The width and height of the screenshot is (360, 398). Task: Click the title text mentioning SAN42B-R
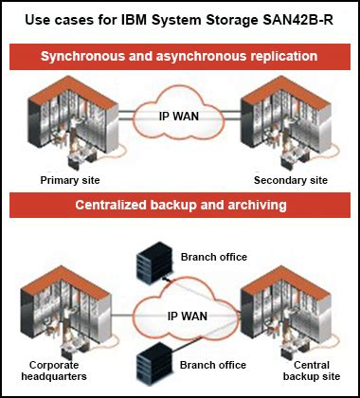[x=180, y=19]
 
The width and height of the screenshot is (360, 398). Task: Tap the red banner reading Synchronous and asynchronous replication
[x=180, y=57]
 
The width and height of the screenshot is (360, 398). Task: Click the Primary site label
[x=70, y=179]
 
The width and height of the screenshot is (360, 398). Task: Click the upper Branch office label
[x=213, y=255]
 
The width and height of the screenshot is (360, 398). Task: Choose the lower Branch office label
[x=213, y=365]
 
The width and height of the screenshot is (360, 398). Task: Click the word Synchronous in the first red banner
[x=81, y=57]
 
